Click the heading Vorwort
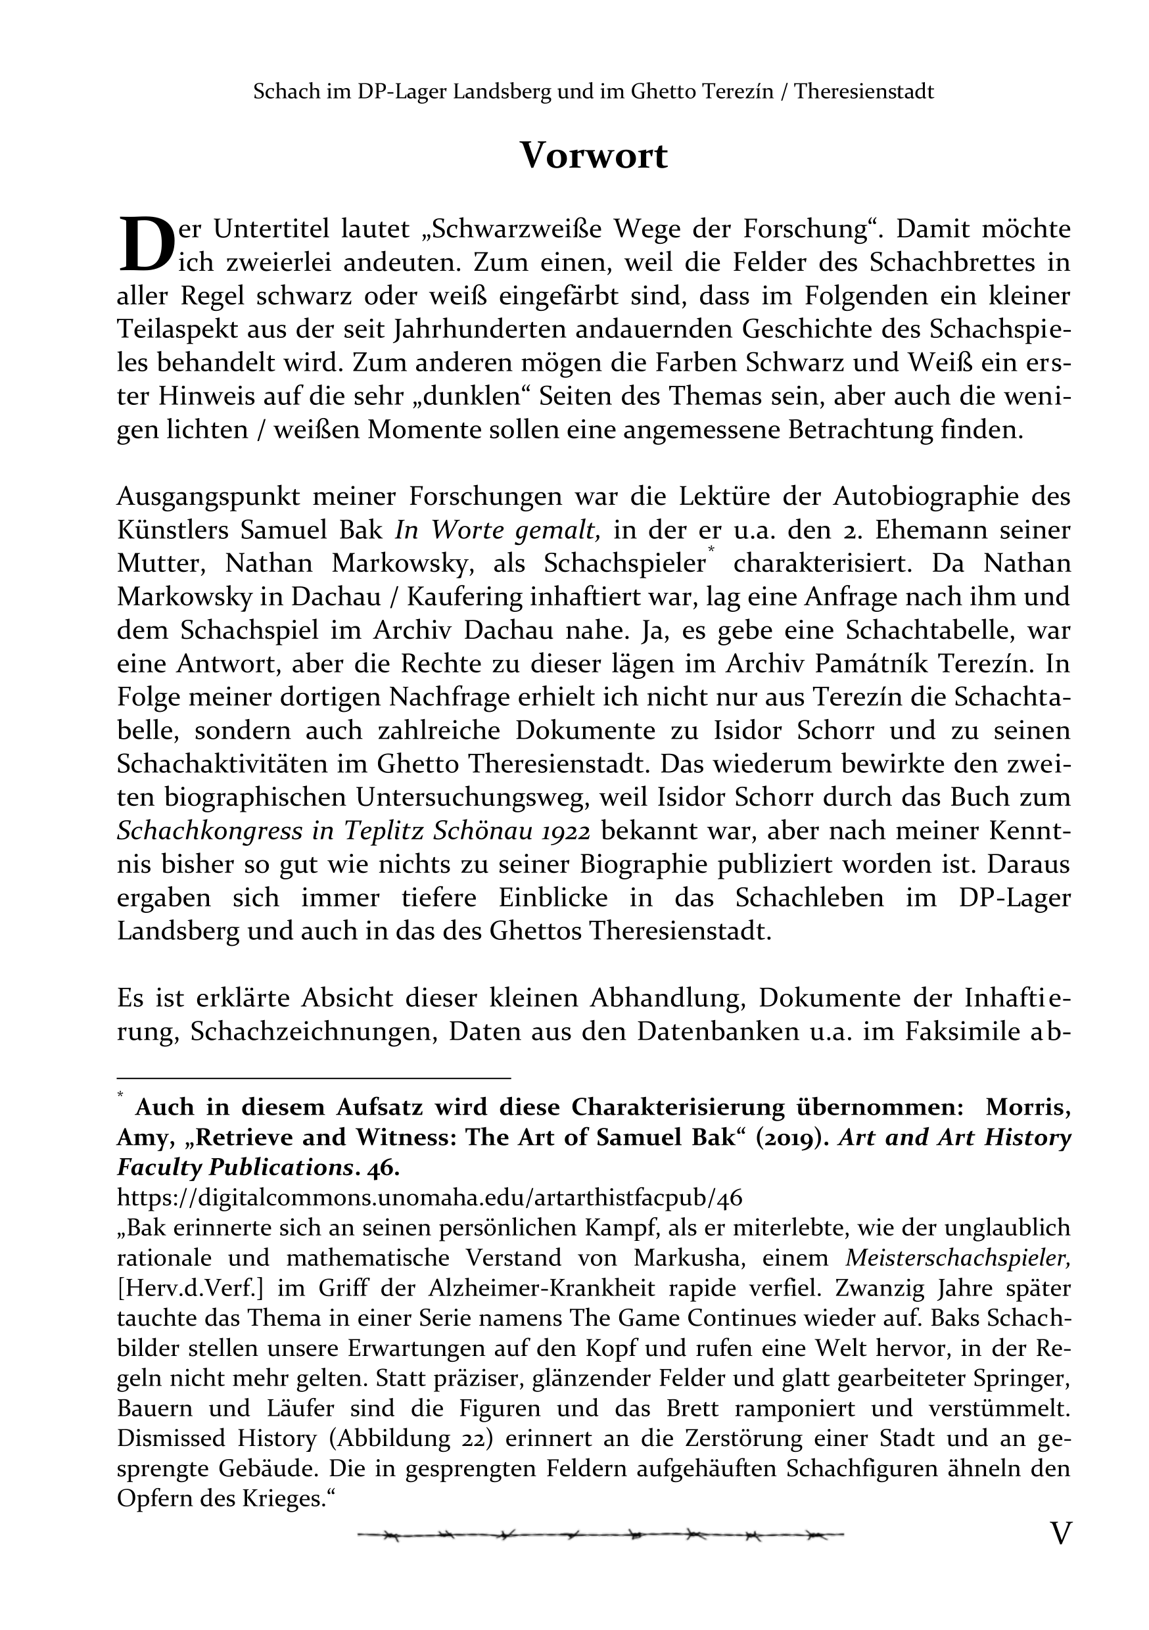(594, 156)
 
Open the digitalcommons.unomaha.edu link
(429, 1198)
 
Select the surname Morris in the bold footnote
(1027, 1107)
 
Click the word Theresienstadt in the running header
(864, 91)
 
